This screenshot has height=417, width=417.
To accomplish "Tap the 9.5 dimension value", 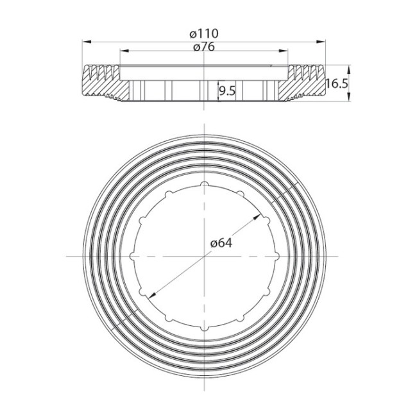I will pyautogui.click(x=226, y=91).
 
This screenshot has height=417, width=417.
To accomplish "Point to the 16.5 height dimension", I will pyautogui.click(x=336, y=83).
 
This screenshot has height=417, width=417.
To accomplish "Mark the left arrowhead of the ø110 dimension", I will pyautogui.click(x=85, y=41).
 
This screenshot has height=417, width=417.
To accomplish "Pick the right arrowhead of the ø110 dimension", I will pyautogui.click(x=323, y=41).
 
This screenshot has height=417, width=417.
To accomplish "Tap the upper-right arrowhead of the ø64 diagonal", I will pyautogui.click(x=259, y=217).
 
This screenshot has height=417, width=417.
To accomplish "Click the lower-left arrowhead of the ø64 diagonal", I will pyautogui.click(x=151, y=295).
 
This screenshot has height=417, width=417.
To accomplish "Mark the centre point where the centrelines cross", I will pyautogui.click(x=205, y=256).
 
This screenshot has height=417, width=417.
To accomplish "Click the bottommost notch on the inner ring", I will pyautogui.click(x=205, y=328).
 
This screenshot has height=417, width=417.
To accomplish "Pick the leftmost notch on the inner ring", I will pyautogui.click(x=133, y=256).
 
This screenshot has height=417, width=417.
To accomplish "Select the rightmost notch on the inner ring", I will pyautogui.click(x=277, y=256).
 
